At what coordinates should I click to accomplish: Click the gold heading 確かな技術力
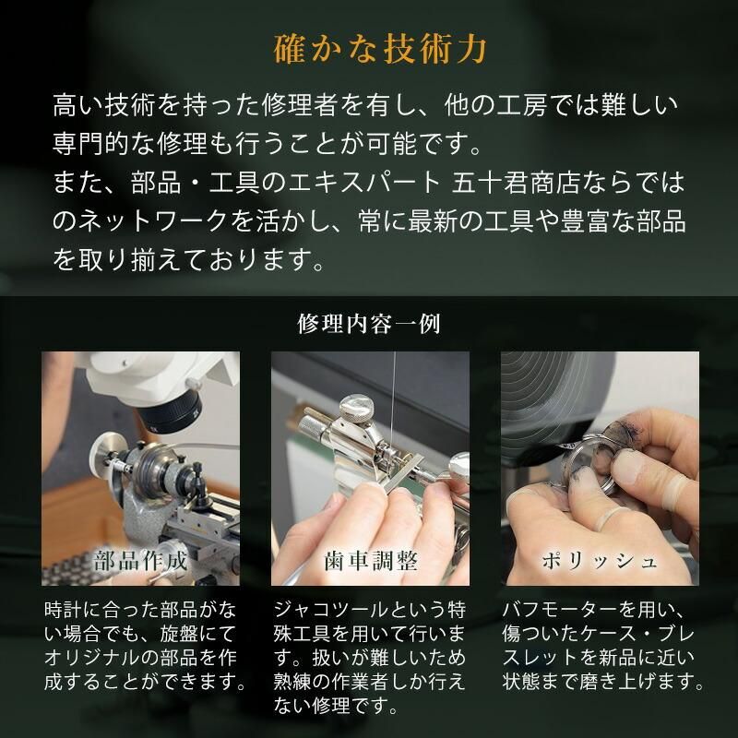369,47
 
